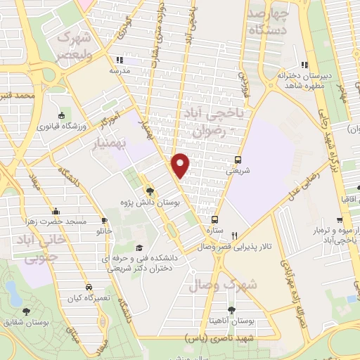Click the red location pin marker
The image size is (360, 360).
point(181,165)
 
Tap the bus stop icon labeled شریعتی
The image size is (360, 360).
point(238,160)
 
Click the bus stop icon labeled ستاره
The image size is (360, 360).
point(216,219)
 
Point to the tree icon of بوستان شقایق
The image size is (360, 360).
point(27,311)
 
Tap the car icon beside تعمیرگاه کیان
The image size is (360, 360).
point(89,287)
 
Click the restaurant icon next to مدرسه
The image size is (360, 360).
point(128,60)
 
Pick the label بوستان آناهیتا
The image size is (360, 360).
point(237,321)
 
